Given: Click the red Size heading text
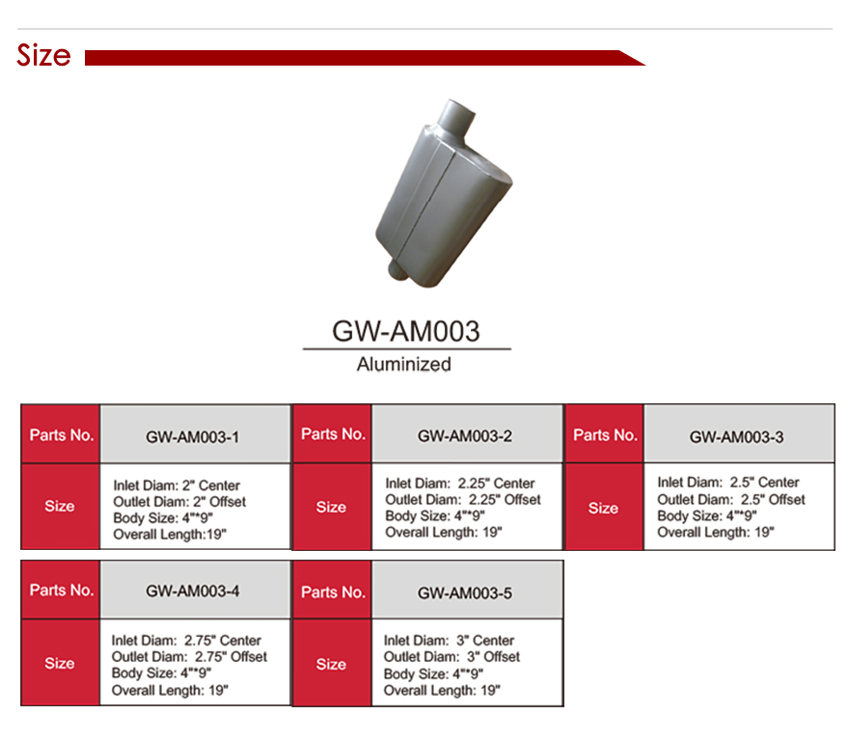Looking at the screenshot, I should (43, 56).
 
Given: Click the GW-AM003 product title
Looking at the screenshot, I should (406, 331).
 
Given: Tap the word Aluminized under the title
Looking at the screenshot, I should (404, 364).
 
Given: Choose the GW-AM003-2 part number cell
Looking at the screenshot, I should (465, 436).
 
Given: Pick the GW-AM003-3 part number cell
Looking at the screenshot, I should (737, 437).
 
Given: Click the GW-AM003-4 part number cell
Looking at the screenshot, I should (193, 591).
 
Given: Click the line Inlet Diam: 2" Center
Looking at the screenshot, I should (177, 485).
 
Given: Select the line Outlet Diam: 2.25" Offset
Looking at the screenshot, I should (463, 500).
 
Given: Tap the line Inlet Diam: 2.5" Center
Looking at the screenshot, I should (728, 482).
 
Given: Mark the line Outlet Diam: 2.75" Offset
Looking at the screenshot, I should (190, 657).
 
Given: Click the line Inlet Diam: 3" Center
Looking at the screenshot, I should (450, 641).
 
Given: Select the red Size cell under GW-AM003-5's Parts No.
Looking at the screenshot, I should (331, 664).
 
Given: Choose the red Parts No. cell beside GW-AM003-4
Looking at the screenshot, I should (61, 591).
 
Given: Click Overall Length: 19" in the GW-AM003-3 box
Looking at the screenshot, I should (716, 533).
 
